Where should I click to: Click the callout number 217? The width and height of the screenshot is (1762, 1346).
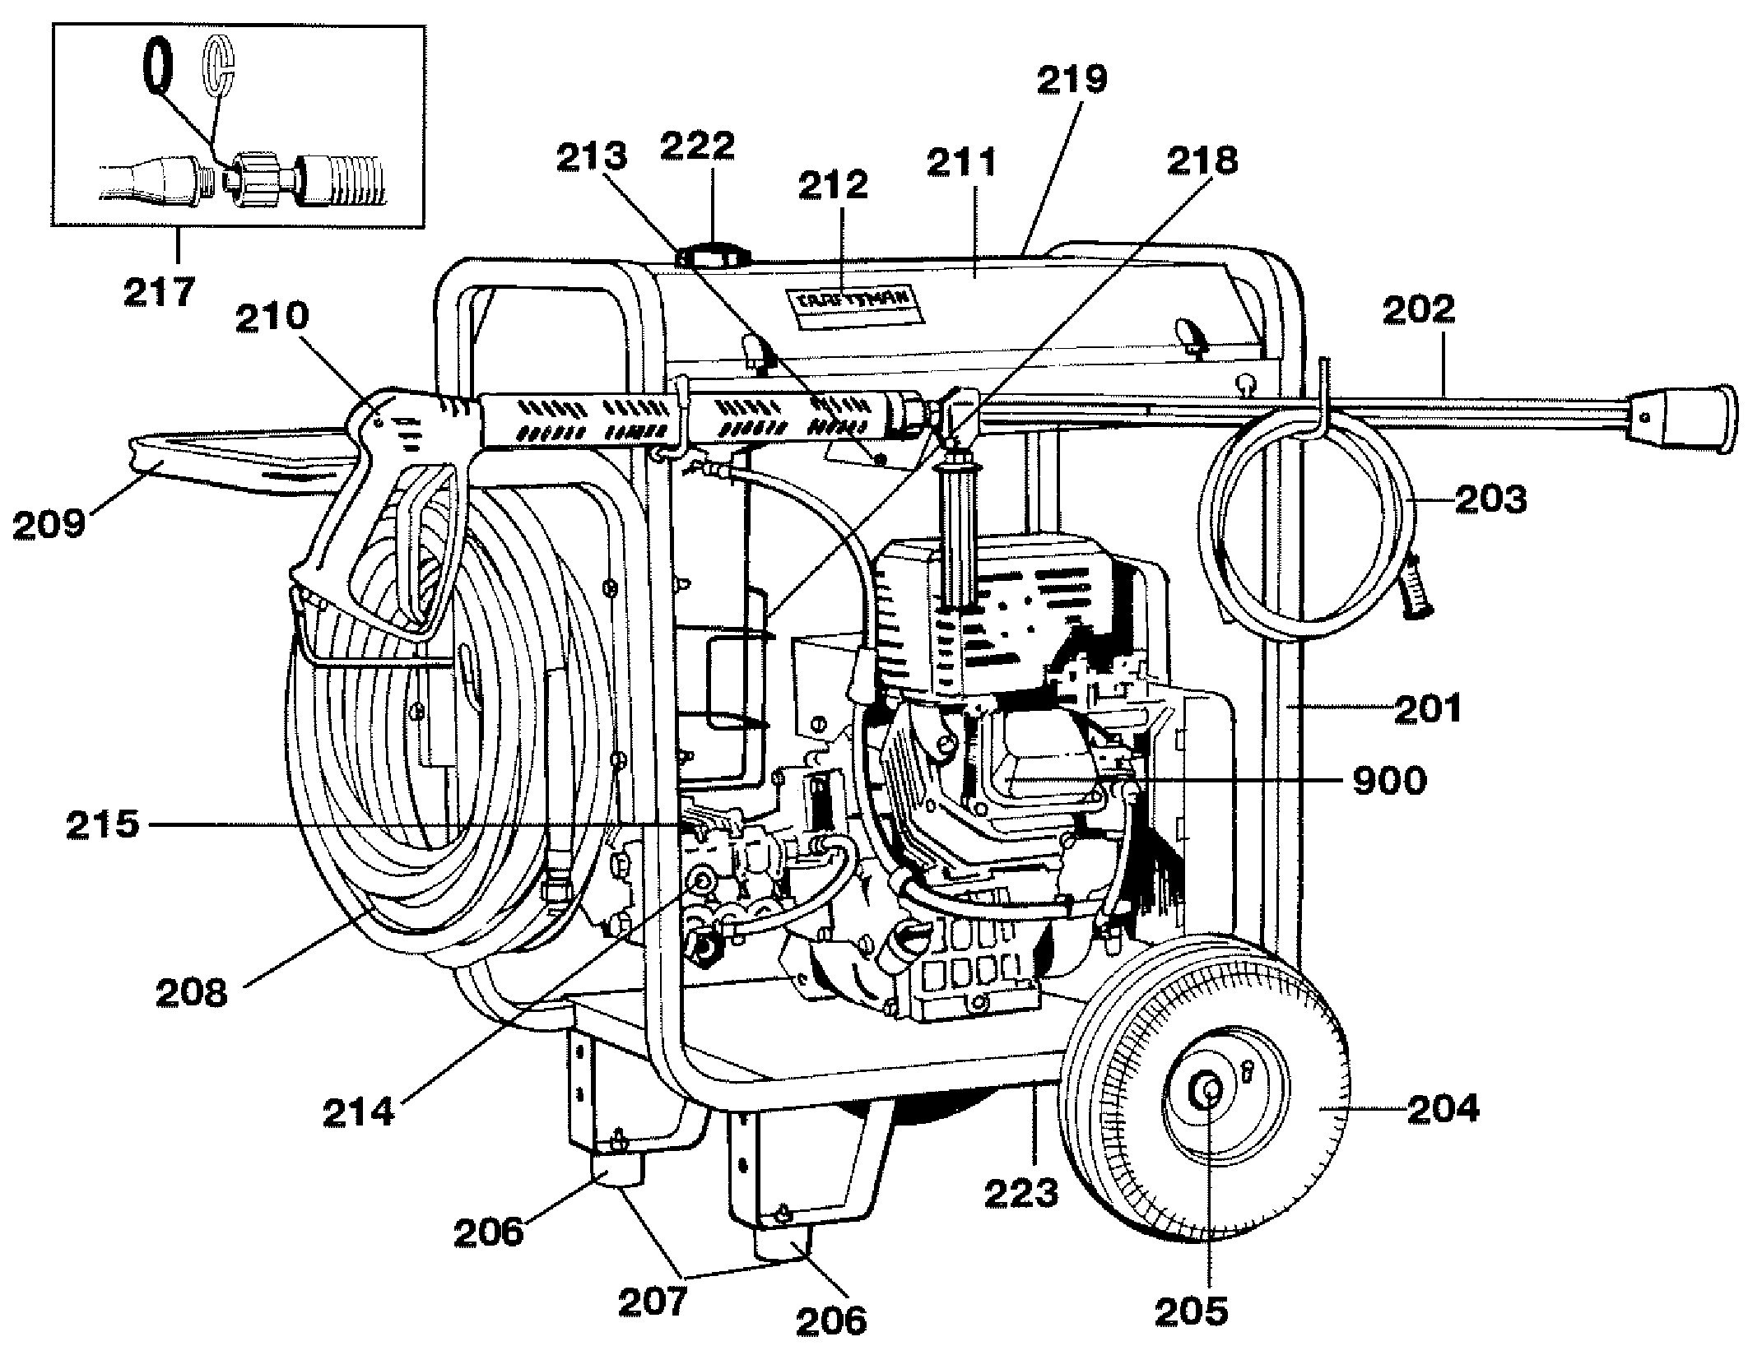[x=160, y=292]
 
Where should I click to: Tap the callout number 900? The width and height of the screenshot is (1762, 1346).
[x=1389, y=781]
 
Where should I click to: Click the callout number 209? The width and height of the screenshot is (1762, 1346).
[x=49, y=522]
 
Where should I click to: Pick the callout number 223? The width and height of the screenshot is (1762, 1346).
[x=1020, y=1192]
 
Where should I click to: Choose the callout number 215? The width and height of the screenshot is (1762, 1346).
[x=102, y=824]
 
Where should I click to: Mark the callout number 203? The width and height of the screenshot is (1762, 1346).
[x=1490, y=499]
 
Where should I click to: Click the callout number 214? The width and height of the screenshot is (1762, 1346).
[x=359, y=1112]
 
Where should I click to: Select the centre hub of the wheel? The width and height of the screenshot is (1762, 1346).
[x=1210, y=1093]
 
